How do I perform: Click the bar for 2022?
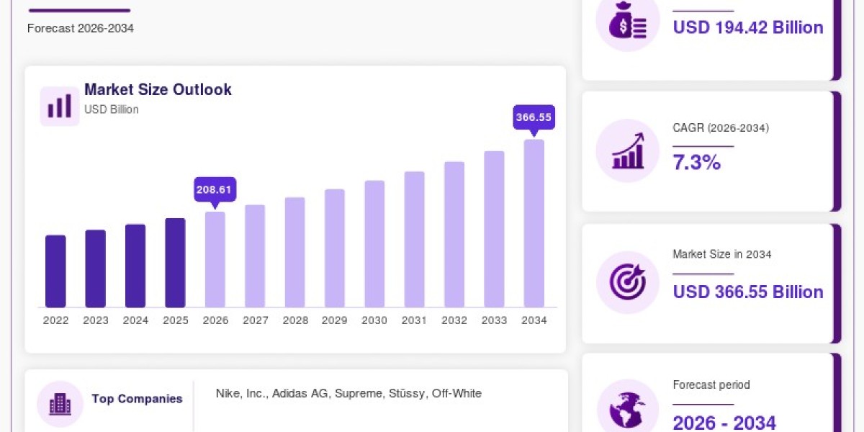click(55, 271)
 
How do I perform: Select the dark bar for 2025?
click(175, 263)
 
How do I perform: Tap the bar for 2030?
click(374, 244)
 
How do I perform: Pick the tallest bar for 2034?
click(534, 223)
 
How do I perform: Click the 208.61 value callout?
click(215, 190)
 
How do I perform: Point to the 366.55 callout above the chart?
click(534, 117)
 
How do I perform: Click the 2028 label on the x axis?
click(295, 320)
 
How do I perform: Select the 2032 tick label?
click(454, 320)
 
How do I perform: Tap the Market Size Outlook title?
click(158, 89)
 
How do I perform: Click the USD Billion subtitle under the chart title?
click(112, 109)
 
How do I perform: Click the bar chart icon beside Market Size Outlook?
click(60, 106)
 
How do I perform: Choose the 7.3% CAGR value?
click(697, 162)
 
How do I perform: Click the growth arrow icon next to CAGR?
click(628, 150)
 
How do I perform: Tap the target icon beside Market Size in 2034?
click(628, 282)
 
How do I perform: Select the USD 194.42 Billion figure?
click(748, 27)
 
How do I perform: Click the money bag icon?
click(628, 20)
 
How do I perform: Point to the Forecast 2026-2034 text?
click(81, 29)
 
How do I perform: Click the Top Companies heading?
click(137, 399)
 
